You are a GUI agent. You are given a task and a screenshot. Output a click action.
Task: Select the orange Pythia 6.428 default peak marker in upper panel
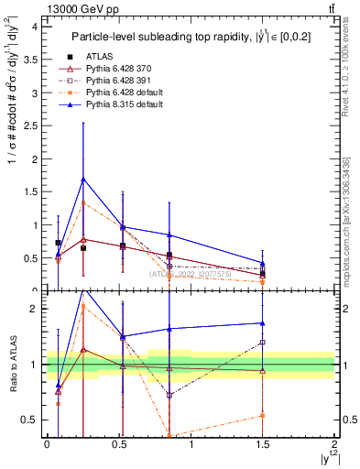(x=83, y=202)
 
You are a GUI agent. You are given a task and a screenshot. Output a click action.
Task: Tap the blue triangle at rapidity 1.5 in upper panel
(x=263, y=263)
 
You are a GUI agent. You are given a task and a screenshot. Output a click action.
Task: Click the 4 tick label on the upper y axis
(x=34, y=27)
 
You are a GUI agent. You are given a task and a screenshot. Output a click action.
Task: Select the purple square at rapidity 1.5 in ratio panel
(x=263, y=342)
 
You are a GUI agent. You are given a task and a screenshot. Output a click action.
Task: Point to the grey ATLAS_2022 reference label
(x=191, y=273)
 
